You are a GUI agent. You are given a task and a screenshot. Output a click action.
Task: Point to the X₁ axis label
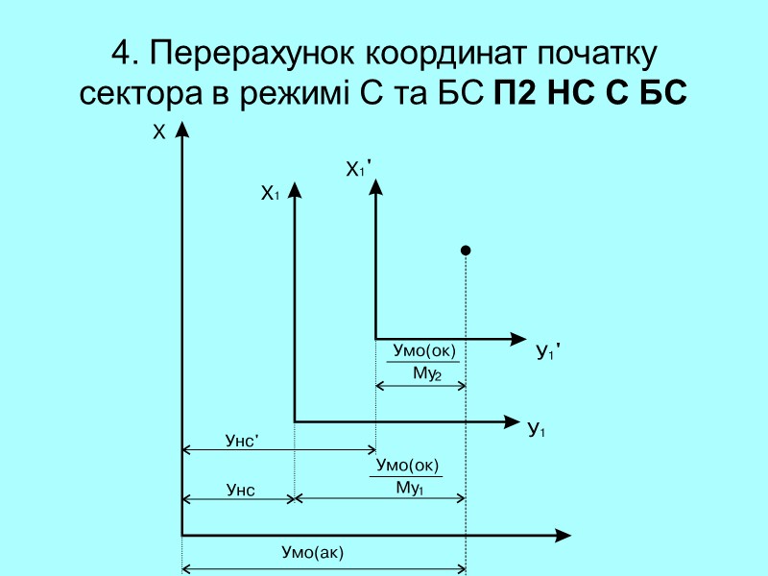point(269,194)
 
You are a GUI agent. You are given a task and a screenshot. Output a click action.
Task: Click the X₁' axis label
point(358,170)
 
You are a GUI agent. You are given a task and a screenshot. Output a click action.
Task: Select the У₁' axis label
point(547,353)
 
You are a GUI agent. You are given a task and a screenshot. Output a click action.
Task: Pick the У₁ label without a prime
point(537,429)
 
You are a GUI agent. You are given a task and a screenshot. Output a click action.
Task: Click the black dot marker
point(466,251)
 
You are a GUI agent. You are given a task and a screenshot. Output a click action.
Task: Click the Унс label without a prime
point(240,491)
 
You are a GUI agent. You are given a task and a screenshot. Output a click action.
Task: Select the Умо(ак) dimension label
point(312,552)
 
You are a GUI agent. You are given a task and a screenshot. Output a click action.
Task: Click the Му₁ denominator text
point(410,487)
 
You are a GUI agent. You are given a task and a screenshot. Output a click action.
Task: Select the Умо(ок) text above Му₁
point(408,466)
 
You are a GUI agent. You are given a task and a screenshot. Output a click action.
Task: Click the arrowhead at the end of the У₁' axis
point(517,338)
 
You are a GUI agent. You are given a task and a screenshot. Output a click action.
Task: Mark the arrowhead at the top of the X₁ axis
point(295,188)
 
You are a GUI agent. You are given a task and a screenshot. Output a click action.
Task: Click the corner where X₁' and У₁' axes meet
point(375,338)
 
